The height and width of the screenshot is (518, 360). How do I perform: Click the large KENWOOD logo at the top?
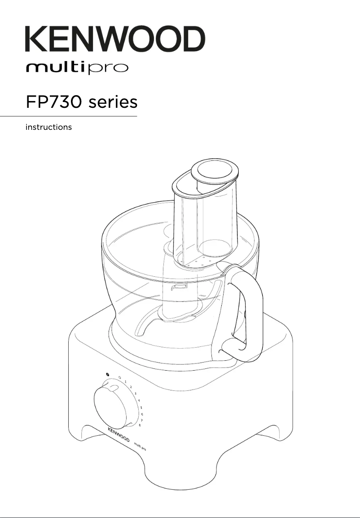[x=115, y=39]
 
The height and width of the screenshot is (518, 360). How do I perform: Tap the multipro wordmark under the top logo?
[x=77, y=69]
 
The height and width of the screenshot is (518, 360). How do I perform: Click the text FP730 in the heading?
[x=53, y=102]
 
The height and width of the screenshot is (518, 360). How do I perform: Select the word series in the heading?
[x=113, y=102]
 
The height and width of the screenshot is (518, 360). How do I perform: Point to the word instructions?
[x=48, y=127]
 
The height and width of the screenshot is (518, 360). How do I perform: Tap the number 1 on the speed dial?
[x=125, y=381]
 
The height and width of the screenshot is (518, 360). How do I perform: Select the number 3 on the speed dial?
[x=136, y=393]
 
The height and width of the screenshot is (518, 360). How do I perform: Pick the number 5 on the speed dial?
[x=141, y=407]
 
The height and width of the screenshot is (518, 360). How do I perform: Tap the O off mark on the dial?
[x=119, y=377]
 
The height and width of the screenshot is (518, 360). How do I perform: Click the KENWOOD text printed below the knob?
[x=119, y=434]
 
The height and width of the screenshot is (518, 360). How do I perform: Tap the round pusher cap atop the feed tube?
[x=215, y=172]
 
